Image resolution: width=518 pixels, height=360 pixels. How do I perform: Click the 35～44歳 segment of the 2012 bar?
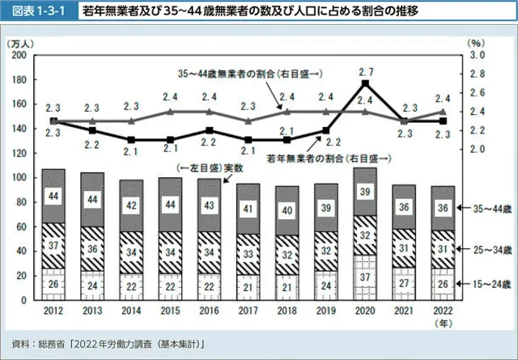point(53,196)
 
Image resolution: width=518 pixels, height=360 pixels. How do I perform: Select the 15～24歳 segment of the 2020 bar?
point(366,277)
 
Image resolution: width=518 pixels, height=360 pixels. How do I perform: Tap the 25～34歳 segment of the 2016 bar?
point(210,252)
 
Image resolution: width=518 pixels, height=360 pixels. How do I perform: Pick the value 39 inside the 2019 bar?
point(326,208)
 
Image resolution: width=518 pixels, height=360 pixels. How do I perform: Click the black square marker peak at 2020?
point(366,83)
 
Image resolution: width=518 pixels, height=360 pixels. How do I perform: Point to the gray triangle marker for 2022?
point(443,112)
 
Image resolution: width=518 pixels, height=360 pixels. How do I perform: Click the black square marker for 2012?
point(53,121)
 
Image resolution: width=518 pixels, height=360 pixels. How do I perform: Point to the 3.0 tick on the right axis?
point(477,55)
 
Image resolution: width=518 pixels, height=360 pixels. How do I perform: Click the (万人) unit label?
point(19,42)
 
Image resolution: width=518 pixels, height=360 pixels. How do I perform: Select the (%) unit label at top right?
point(476,42)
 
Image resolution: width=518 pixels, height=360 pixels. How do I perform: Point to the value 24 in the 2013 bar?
point(92,285)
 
